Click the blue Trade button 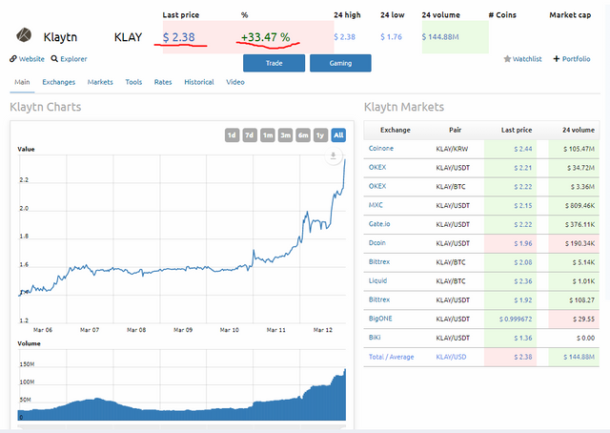coord(274,63)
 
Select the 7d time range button coord(250,135)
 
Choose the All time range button coord(338,135)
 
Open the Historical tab coord(199,82)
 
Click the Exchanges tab coord(59,82)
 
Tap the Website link coord(28,59)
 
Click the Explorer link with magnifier coord(69,59)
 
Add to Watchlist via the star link coord(522,59)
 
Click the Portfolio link coord(572,59)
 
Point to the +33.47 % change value coord(265,37)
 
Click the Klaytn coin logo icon coord(24,35)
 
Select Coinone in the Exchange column coord(381,149)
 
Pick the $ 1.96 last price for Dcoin coord(523,243)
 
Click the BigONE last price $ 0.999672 coord(516,319)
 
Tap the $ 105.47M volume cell coord(579,149)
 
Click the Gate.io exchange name coord(379,224)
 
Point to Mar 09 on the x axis coord(183,330)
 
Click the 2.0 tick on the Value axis coord(24,208)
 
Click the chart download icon coord(334,155)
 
